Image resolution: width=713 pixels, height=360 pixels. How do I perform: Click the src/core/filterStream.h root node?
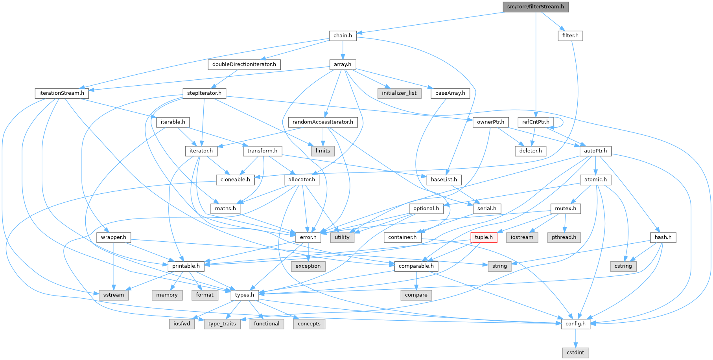click(x=535, y=7)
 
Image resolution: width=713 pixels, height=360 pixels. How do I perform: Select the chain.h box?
click(x=343, y=35)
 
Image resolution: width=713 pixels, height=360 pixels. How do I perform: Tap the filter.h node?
click(x=570, y=35)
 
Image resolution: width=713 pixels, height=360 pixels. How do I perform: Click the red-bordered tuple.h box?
click(x=483, y=237)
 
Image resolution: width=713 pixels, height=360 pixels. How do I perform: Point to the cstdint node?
click(x=575, y=352)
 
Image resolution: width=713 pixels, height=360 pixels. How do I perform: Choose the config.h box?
click(x=575, y=323)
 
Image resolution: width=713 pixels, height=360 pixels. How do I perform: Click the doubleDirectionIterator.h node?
click(x=244, y=64)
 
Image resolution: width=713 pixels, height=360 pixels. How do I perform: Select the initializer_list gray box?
click(x=399, y=93)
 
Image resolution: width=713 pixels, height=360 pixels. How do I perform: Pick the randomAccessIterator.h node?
click(x=322, y=122)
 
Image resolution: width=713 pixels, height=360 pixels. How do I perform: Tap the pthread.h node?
click(x=564, y=237)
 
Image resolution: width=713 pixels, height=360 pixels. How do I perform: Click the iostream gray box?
click(x=522, y=237)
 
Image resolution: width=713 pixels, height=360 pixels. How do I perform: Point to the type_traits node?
click(x=222, y=323)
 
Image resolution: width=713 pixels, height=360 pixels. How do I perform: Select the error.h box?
click(x=308, y=237)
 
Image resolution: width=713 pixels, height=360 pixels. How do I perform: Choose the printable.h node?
click(x=186, y=266)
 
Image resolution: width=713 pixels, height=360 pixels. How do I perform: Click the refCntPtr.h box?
click(x=536, y=122)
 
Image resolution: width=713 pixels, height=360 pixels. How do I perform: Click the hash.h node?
click(x=663, y=237)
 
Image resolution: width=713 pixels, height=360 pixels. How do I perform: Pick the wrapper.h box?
click(x=113, y=237)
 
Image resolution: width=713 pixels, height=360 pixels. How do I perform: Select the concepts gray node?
click(x=309, y=323)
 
